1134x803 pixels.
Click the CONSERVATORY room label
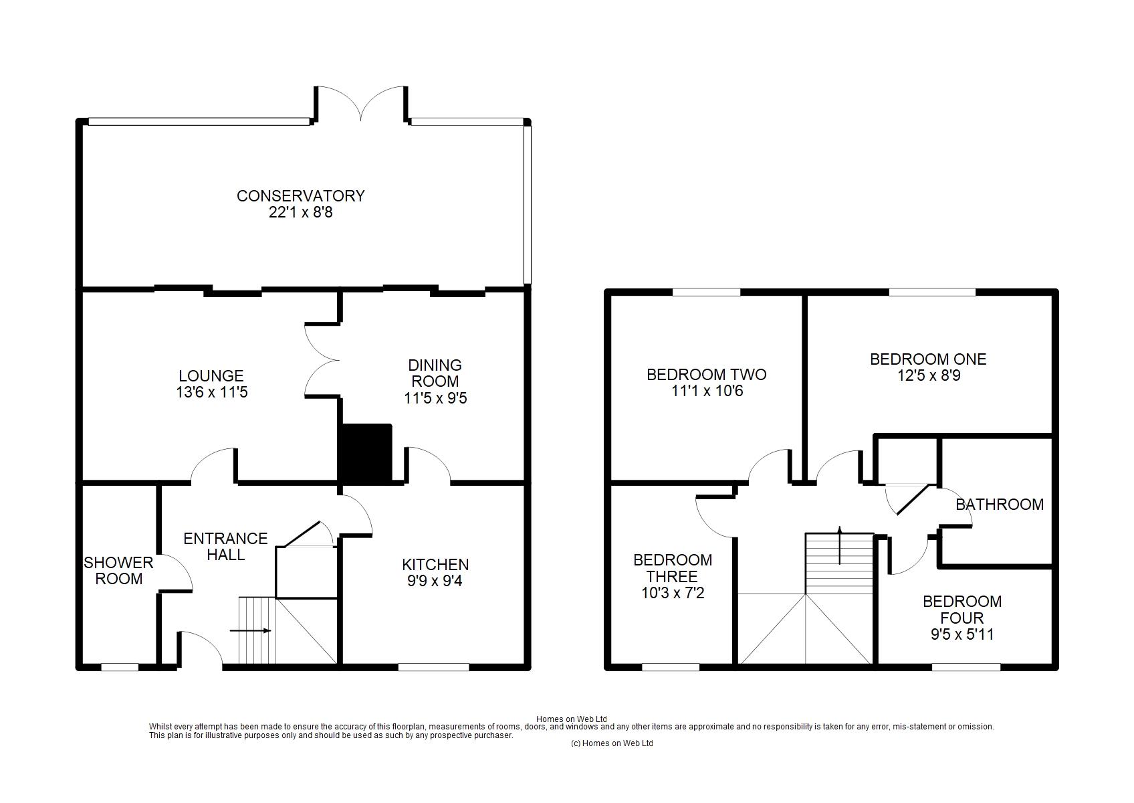pos(301,196)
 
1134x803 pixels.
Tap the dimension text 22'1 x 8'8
pos(301,212)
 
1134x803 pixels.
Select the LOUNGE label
pos(211,376)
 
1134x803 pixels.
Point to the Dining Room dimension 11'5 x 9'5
pos(435,398)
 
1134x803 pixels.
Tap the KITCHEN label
pos(435,564)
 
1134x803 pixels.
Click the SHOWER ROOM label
pos(118,570)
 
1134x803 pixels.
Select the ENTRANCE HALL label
pos(226,547)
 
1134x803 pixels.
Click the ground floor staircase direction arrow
pos(250,631)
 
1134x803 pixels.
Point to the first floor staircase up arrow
pos(840,545)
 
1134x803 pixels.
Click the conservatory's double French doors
pos(361,104)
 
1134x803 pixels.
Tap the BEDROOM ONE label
pos(929,359)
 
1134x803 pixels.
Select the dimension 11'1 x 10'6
pos(707,391)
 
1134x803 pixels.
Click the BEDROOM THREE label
pos(672,568)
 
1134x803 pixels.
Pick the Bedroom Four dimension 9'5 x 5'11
pos(962,634)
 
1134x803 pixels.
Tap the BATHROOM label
pos(1000,505)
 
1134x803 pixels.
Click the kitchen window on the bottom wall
pos(434,666)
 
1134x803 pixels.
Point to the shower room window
pos(120,666)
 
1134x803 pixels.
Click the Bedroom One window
pos(933,292)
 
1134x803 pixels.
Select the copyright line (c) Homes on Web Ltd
pos(612,743)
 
